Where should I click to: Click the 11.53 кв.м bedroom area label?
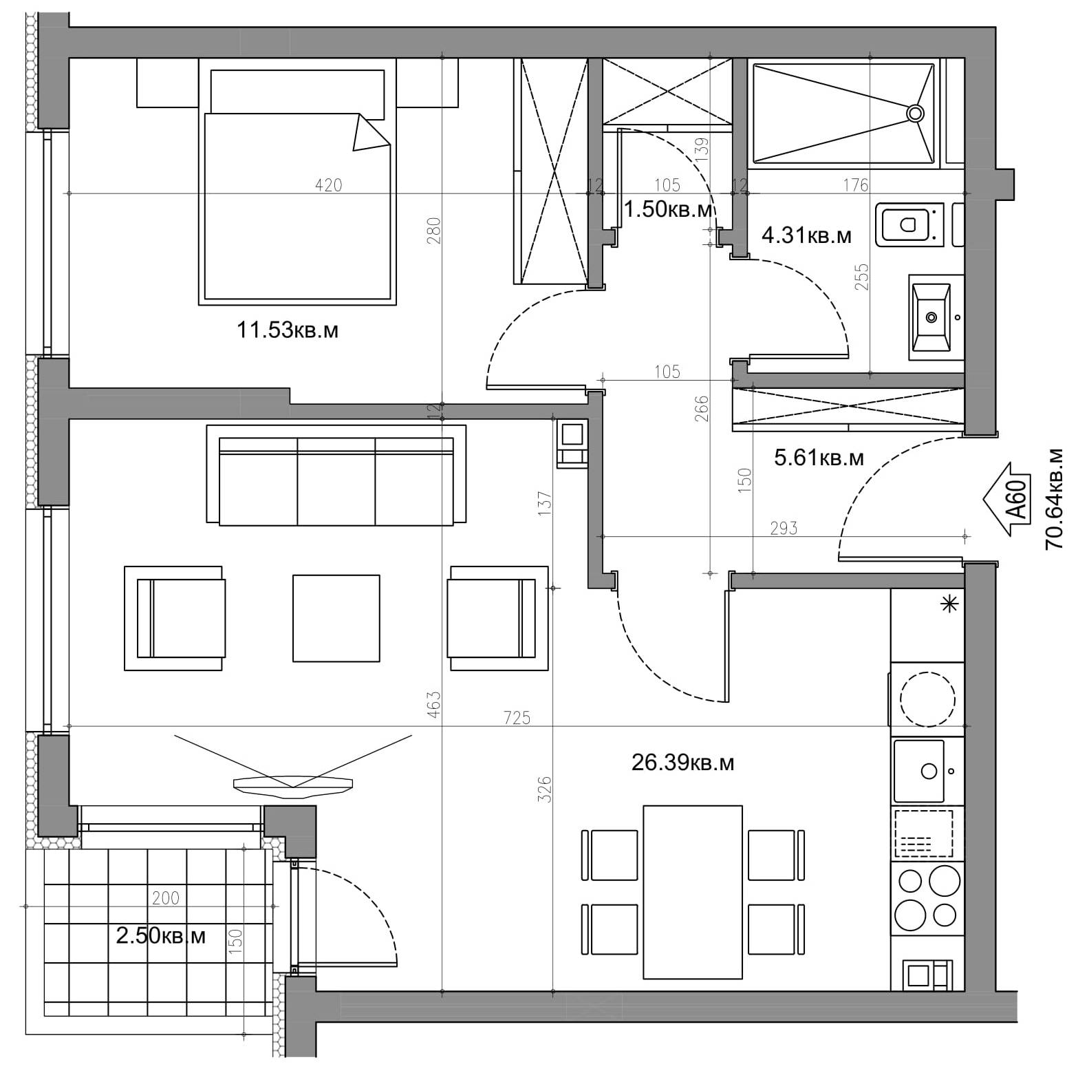288,330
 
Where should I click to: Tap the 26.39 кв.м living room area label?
682,763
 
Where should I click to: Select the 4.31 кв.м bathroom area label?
806,236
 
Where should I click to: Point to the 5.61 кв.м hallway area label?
819,458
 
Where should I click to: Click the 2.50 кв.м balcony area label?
160,936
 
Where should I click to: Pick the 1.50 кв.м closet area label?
667,209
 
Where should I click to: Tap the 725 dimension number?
517,718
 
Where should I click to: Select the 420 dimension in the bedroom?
328,185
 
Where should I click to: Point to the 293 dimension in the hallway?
784,528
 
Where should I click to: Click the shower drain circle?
915,114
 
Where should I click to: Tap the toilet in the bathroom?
909,224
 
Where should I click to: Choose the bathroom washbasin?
931,317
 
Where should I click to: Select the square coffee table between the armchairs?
336,618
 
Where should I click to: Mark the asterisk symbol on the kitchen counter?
949,605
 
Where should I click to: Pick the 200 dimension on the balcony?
165,898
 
